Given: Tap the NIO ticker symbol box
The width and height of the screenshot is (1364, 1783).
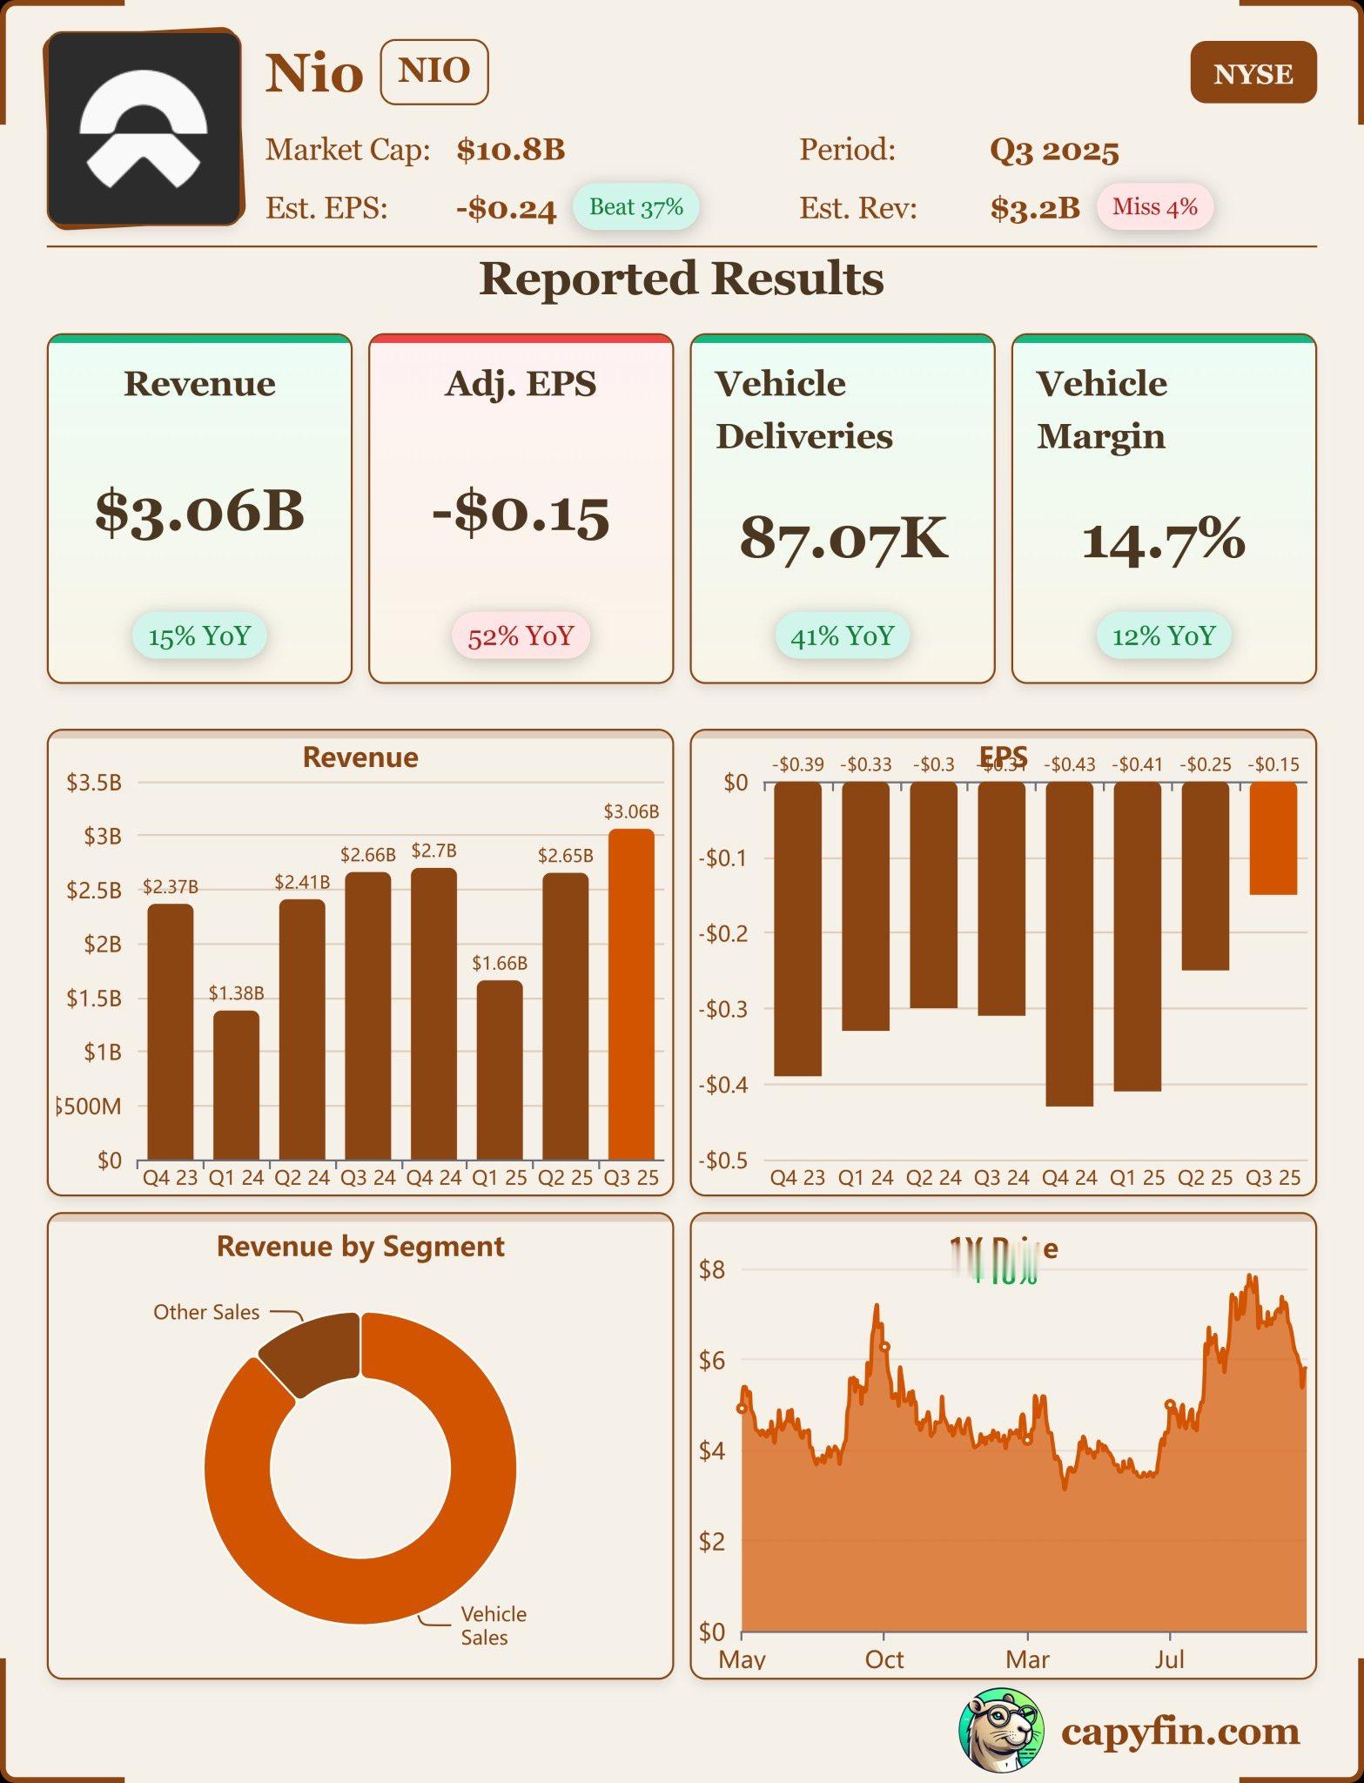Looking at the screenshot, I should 433,71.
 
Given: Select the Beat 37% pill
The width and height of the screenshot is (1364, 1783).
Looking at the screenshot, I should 635,207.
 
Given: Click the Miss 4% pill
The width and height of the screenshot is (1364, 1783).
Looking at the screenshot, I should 1154,207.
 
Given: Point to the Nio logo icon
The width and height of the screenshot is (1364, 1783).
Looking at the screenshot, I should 144,129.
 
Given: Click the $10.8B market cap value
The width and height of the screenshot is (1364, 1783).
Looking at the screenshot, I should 511,150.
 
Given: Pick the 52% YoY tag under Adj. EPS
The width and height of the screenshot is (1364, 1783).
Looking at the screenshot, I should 521,636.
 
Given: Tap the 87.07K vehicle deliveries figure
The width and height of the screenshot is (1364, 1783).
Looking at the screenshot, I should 843,538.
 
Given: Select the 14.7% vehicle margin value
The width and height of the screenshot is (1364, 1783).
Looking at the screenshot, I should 1163,540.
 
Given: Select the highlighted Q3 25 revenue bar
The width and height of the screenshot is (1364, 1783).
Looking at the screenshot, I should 631,994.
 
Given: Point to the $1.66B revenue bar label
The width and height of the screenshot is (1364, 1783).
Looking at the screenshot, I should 500,963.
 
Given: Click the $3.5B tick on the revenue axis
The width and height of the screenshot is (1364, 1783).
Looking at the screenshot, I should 94,782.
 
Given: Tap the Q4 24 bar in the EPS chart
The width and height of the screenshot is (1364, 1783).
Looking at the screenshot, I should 1069,944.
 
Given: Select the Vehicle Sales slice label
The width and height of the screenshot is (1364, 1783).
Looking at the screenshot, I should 493,1625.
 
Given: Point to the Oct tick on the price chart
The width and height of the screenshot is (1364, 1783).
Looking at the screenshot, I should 884,1659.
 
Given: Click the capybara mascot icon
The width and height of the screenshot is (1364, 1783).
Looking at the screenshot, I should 1000,1730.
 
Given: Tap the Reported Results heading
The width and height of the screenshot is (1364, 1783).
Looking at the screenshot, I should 682,279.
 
